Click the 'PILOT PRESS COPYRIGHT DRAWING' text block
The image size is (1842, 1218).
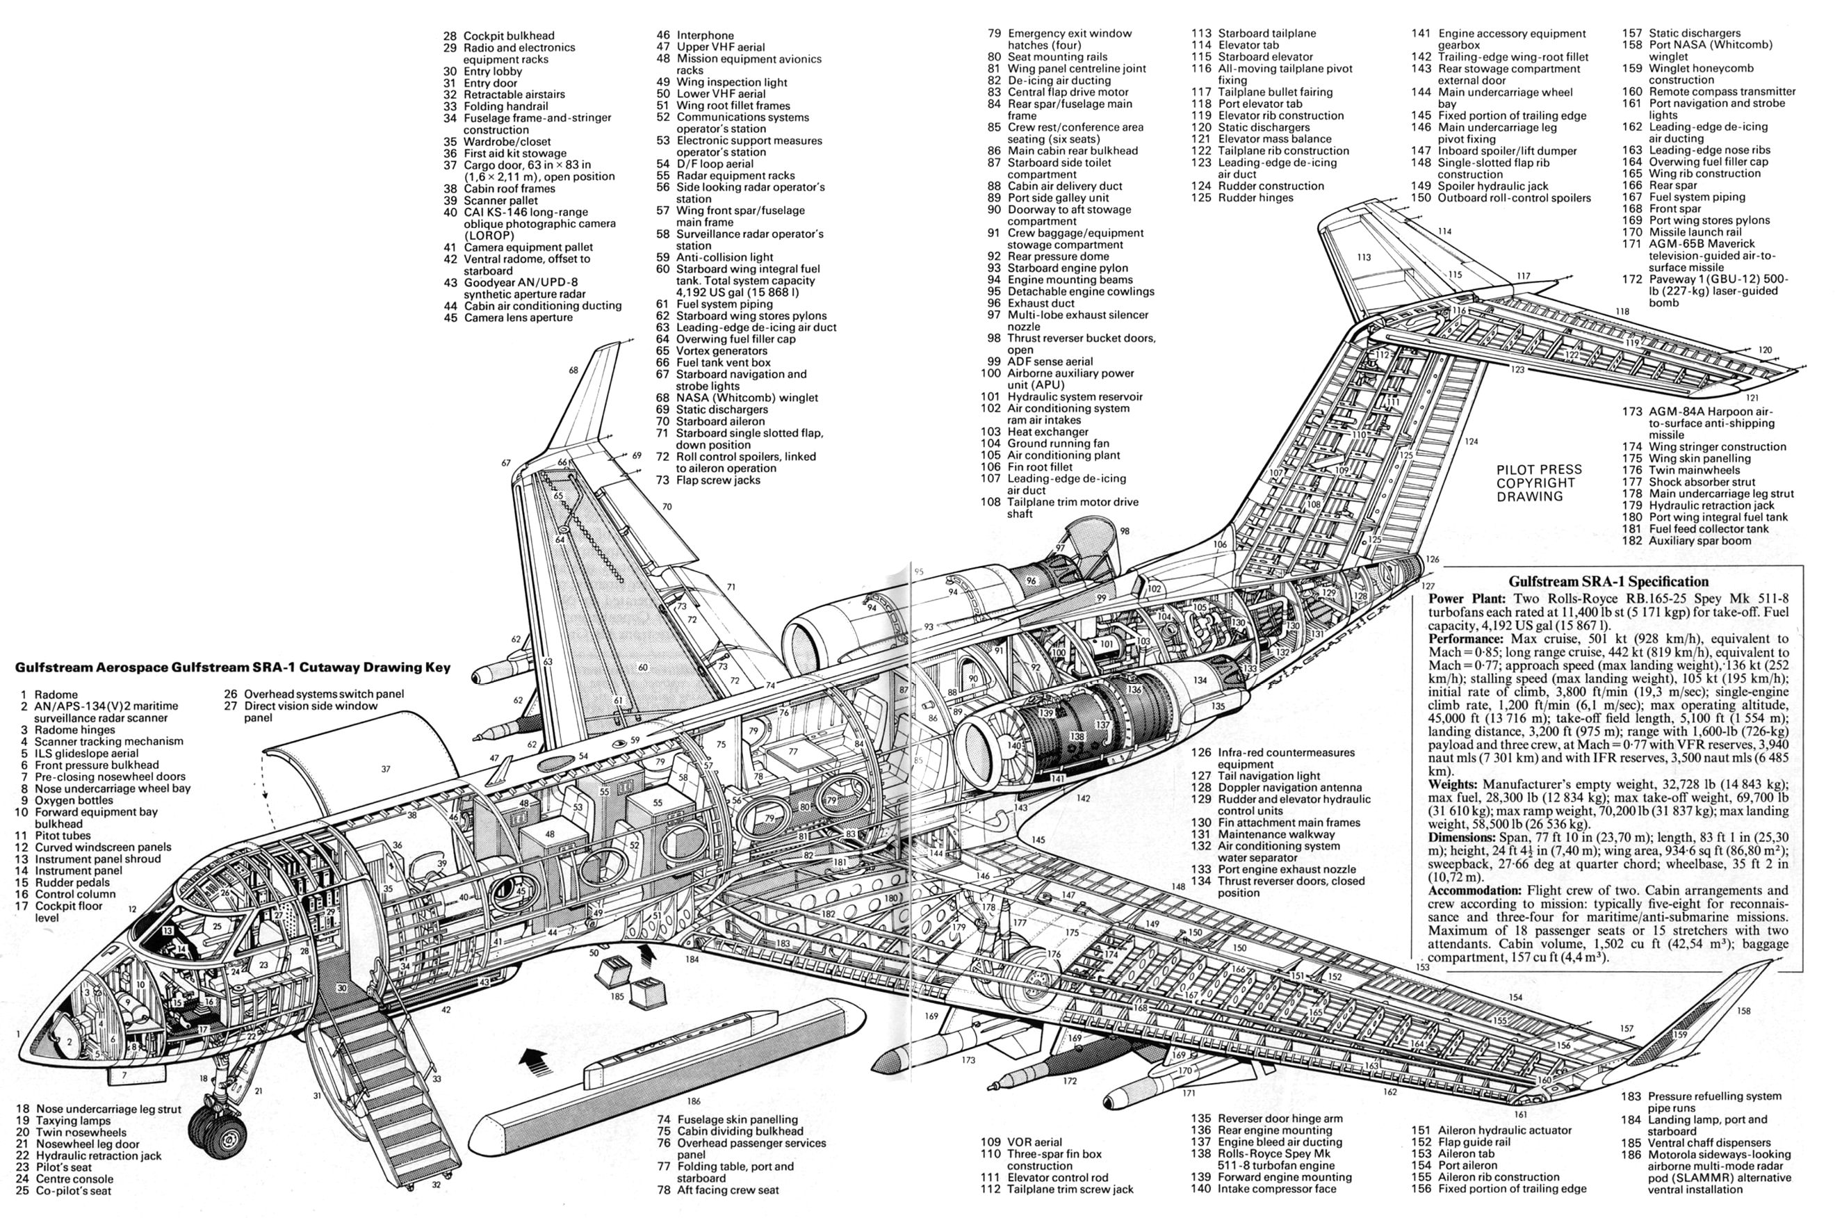point(1539,482)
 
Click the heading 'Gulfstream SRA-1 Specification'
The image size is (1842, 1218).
point(1608,581)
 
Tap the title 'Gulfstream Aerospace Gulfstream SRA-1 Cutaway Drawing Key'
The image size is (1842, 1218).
point(232,667)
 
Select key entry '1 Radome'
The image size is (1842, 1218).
point(49,695)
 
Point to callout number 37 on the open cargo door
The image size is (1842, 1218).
point(386,769)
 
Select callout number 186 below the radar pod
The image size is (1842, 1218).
point(694,1101)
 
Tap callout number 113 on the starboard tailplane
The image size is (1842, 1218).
point(1364,257)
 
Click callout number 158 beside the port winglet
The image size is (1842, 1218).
point(1743,1011)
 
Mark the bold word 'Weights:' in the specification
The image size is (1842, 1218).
point(1456,785)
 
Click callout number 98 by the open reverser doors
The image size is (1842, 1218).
point(1125,531)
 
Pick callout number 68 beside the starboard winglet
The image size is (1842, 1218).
point(573,371)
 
